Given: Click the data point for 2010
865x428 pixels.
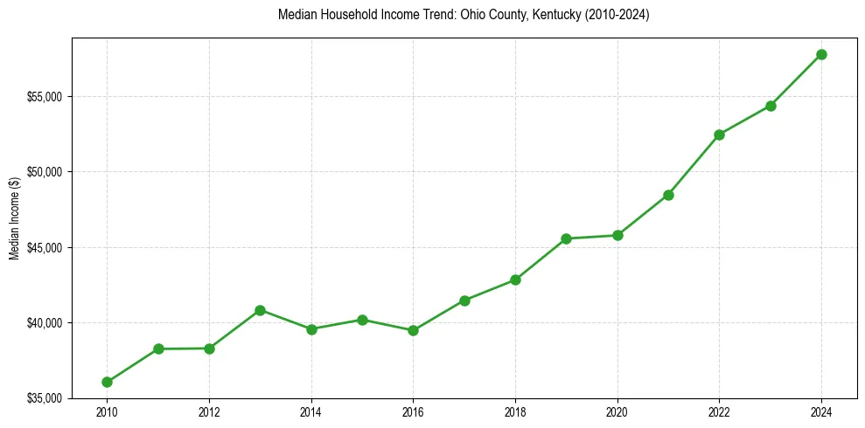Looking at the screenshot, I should [107, 382].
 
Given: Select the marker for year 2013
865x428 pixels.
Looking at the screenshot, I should [260, 310].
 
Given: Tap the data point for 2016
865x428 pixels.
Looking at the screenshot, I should [413, 330].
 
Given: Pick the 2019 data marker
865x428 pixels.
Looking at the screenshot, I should [567, 238].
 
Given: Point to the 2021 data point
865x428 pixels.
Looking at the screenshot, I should [668, 195].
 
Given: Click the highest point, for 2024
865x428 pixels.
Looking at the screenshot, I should [821, 54].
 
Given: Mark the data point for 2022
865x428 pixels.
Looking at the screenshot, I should [719, 135].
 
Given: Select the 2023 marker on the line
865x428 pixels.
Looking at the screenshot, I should [771, 106].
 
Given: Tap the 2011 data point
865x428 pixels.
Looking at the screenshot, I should [158, 349].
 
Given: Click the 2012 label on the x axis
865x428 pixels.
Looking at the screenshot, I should [209, 412].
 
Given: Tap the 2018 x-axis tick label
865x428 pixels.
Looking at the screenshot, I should [515, 412].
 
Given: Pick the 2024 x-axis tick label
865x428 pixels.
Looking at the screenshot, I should [821, 412].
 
